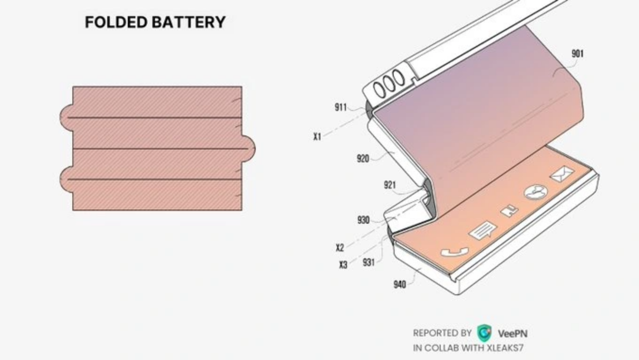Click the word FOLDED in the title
coord(117,22)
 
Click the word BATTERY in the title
coord(188,22)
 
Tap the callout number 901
coord(577,54)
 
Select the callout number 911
coord(341,108)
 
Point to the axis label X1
coord(317,137)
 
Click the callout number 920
coord(363,158)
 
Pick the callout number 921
coord(390,185)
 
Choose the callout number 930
coord(364,220)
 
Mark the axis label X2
coord(340,248)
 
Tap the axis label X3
coord(343,265)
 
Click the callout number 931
coord(368,262)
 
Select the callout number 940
coord(400,284)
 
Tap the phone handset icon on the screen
coord(454,252)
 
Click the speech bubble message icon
coord(483,230)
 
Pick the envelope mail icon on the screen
coord(562,174)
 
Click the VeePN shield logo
coord(484,333)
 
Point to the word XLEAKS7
coord(505,348)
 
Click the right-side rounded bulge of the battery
coord(249,149)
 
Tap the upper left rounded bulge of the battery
coord(66,117)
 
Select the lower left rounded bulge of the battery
coord(66,180)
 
